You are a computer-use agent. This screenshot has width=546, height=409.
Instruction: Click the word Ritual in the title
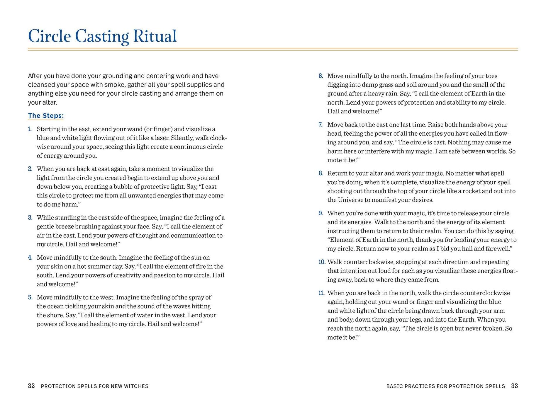tap(155, 36)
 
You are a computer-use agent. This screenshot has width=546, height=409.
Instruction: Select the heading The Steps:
tap(46, 116)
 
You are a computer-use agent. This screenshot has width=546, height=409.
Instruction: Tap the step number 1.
tap(30, 129)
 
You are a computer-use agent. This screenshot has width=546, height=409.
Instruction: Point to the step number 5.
tap(30, 298)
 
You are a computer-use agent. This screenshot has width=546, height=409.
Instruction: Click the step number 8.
tap(321, 173)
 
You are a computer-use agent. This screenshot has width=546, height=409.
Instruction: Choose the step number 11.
tap(321, 293)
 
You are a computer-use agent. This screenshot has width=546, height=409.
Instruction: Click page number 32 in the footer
tap(31, 386)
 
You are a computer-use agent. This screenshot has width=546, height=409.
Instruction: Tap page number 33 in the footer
tap(514, 386)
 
